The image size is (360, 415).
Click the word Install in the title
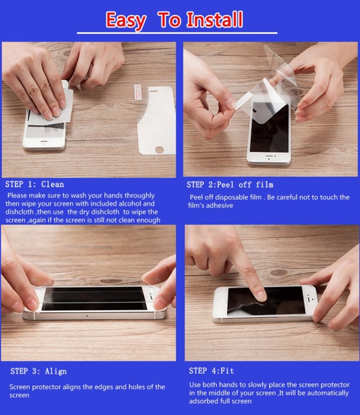point(215,19)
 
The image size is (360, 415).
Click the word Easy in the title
point(126,21)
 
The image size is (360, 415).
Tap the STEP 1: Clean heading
point(34,184)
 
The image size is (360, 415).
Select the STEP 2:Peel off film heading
point(230,184)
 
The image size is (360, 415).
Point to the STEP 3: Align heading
point(39,372)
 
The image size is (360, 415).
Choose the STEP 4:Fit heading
point(211,371)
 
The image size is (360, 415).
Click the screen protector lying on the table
point(156,121)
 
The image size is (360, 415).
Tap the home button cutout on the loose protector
point(160,150)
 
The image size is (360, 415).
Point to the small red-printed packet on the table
point(138,92)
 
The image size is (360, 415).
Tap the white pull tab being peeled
point(243,101)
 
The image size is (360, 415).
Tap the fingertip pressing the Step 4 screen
point(261,296)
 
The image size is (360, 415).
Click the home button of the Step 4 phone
point(220,301)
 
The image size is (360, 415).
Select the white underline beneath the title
point(177,33)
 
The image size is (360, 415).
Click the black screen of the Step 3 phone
point(94,298)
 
